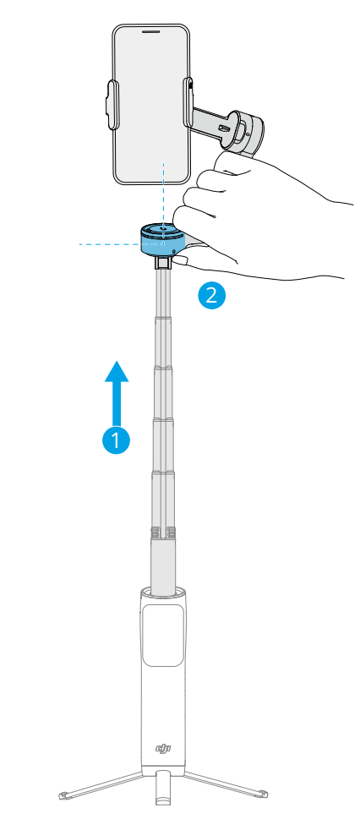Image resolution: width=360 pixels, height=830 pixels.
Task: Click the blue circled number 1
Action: click(116, 440)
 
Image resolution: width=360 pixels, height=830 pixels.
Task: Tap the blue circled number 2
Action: click(211, 295)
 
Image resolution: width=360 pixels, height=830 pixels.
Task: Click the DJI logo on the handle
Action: click(163, 747)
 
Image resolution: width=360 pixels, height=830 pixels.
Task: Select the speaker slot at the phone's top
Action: click(152, 31)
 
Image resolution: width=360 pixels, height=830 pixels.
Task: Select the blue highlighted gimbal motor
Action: click(162, 239)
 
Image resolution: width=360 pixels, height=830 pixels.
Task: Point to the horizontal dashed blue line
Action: click(110, 244)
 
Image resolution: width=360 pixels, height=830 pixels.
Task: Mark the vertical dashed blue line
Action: click(164, 196)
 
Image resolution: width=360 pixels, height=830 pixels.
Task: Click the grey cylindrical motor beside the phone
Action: click(248, 133)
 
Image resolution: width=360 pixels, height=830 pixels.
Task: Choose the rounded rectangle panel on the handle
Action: click(163, 636)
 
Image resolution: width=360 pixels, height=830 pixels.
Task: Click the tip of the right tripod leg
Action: click(264, 793)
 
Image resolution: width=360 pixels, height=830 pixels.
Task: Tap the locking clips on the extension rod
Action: click(163, 532)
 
